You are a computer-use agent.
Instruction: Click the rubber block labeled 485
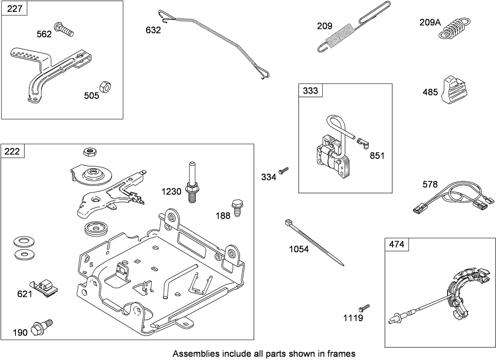(x=454, y=88)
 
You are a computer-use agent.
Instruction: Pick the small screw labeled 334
(x=284, y=170)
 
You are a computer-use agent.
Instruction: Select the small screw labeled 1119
(x=365, y=307)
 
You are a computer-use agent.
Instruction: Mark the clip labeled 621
(x=45, y=287)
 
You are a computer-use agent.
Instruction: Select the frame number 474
(x=396, y=244)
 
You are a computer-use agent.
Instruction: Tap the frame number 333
(x=310, y=90)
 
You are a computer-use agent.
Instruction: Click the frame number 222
(x=12, y=151)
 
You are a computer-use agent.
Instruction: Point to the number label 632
(x=153, y=30)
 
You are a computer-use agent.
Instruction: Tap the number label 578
(x=430, y=184)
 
